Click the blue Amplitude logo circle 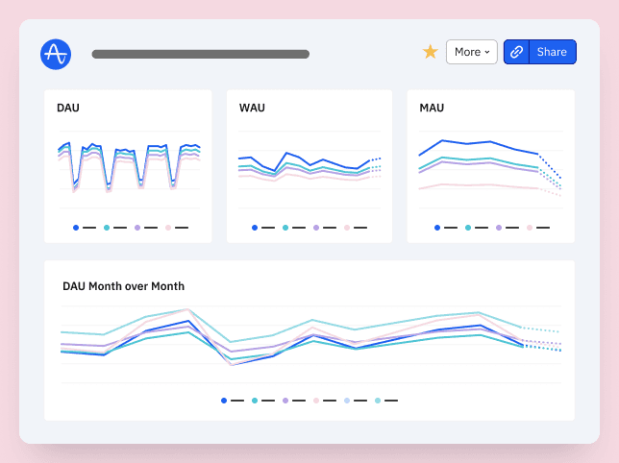56,54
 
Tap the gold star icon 431,52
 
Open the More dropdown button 472,52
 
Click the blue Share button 552,52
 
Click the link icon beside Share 516,52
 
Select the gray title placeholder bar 200,54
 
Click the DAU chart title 68,108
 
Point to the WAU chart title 252,108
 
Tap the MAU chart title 432,108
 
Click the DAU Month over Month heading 123,286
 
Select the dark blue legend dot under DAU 76,228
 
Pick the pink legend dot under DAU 168,228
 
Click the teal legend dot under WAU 285,228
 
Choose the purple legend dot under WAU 316,228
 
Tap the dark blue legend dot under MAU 437,228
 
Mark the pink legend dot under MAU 530,228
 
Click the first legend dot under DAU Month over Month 224,401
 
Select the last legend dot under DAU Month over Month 378,401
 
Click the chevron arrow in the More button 487,52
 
